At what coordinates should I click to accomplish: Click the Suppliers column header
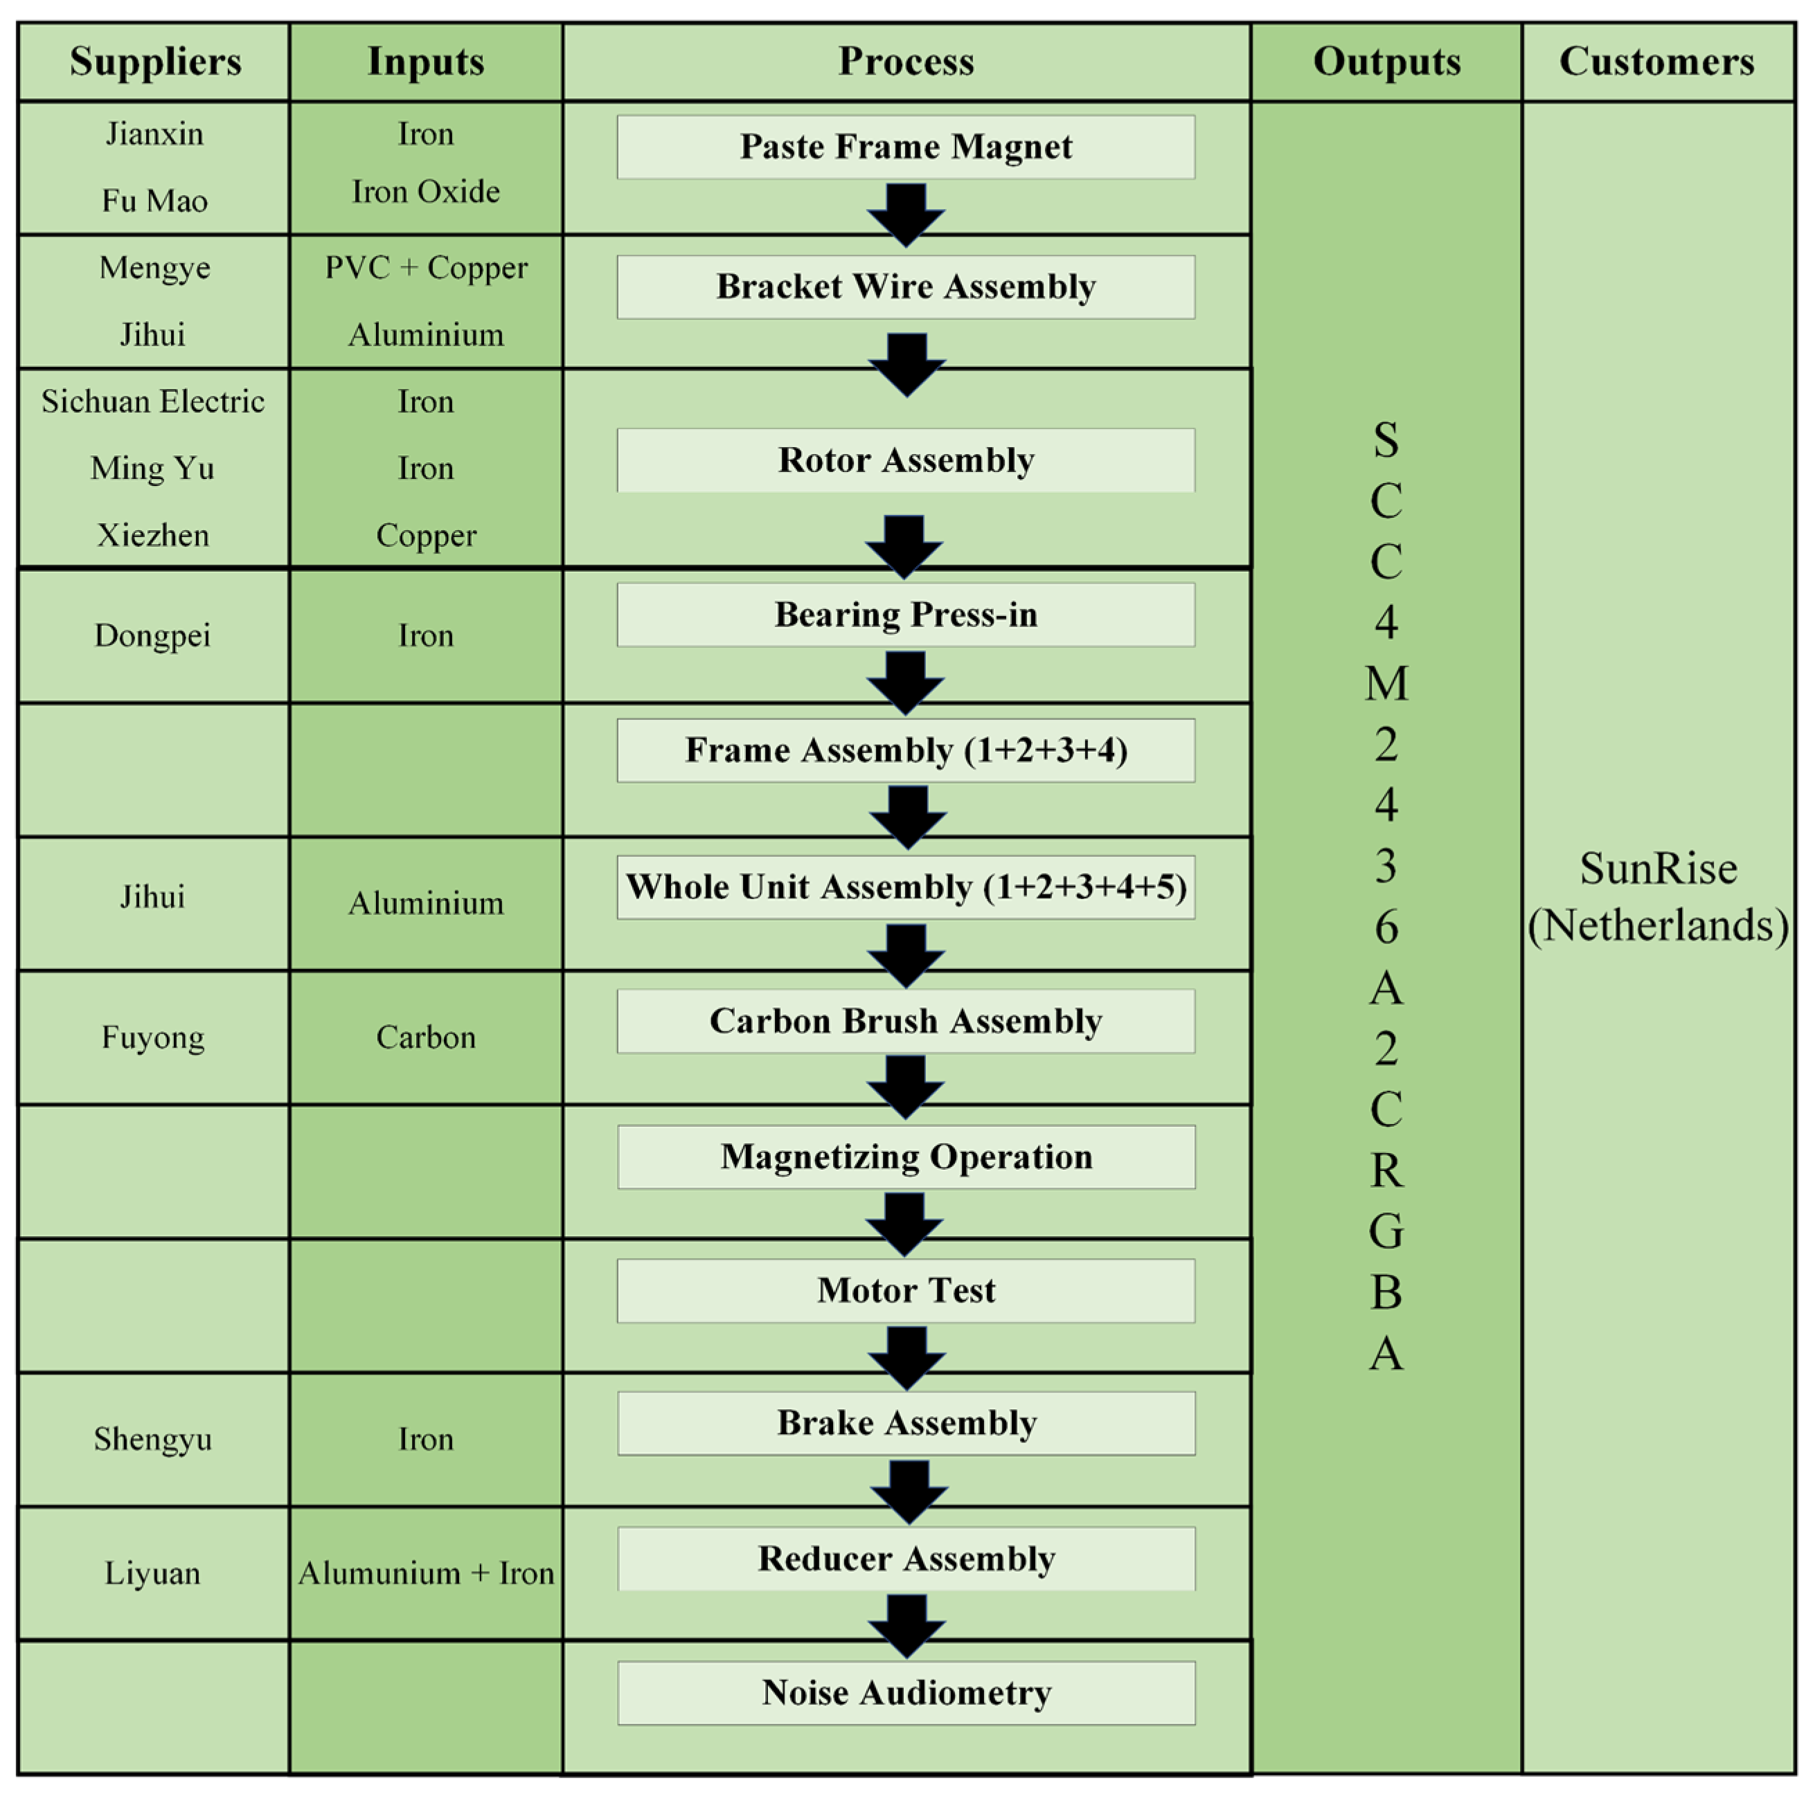click(155, 62)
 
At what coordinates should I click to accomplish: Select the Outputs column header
click(1386, 62)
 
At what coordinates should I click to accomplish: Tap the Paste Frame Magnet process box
click(906, 147)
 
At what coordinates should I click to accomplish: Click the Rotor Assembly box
click(906, 460)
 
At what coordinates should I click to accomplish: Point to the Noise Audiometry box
click(906, 1692)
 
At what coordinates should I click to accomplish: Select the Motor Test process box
click(906, 1290)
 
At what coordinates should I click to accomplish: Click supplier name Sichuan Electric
click(153, 402)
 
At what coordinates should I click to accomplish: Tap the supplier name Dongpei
click(152, 636)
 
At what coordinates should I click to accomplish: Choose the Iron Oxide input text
click(426, 192)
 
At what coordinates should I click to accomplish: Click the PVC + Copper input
click(426, 268)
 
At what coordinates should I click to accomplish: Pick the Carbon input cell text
click(426, 1037)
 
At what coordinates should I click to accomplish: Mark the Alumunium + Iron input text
click(426, 1573)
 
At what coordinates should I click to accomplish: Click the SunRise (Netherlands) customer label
click(1658, 897)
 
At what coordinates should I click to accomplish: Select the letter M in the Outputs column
click(1386, 684)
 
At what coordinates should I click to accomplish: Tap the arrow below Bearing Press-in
click(906, 682)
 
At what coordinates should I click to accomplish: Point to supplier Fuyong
click(153, 1037)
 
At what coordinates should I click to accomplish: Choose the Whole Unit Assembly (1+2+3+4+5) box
click(906, 887)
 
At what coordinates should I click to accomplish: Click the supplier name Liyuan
click(152, 1573)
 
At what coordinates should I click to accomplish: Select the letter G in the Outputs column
click(1386, 1231)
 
